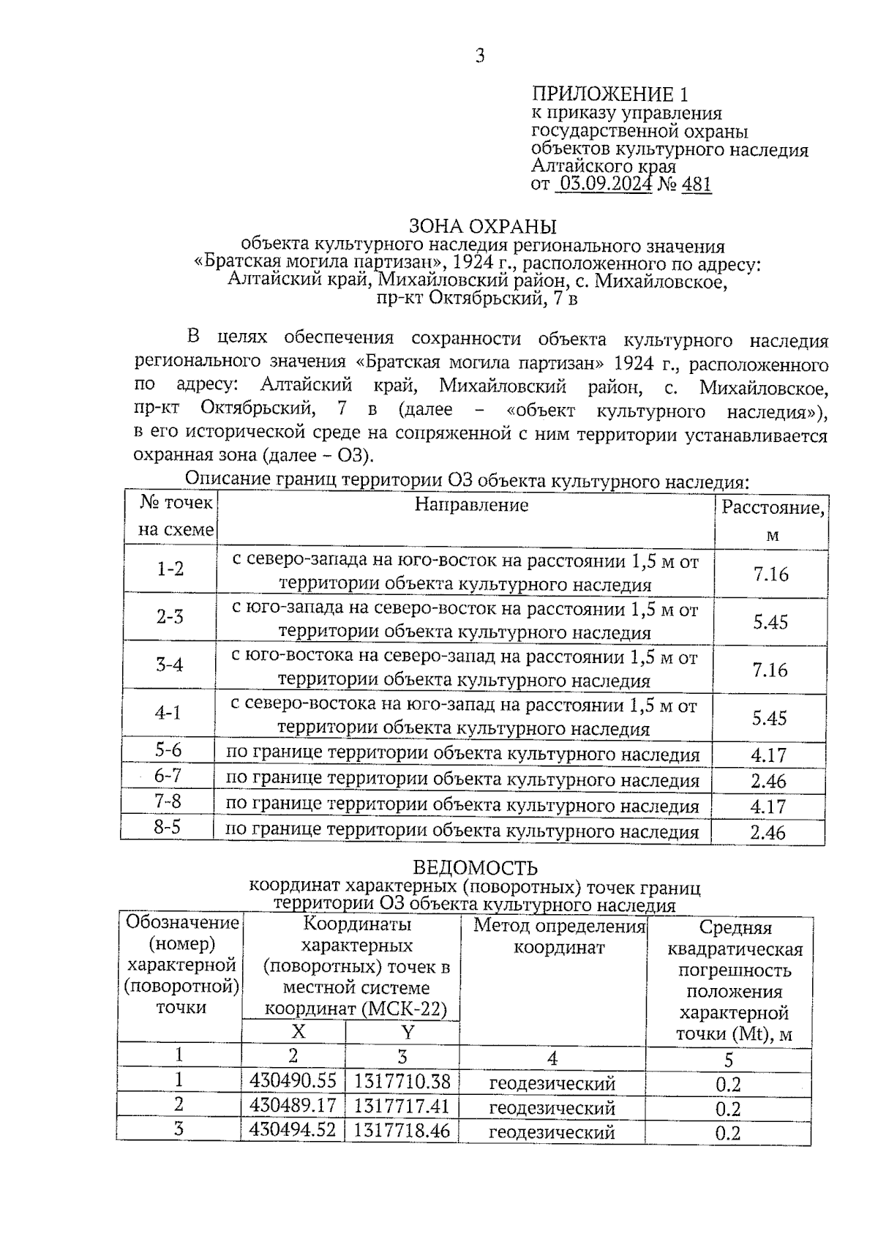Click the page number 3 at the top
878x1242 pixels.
point(480,56)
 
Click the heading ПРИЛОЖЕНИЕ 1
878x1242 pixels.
point(609,94)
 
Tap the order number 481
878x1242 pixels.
point(696,184)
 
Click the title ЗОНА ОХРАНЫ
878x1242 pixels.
point(482,225)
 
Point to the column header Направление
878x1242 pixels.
point(471,504)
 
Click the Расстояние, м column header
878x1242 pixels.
point(773,520)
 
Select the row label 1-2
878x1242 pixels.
point(170,569)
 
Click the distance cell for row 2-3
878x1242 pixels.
point(770,622)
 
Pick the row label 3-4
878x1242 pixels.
point(170,665)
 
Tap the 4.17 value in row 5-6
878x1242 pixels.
point(768,755)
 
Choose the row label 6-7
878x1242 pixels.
point(168,775)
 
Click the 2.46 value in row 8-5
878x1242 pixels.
point(768,832)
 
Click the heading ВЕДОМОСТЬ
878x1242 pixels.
point(475,868)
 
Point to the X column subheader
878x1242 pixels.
point(299,1031)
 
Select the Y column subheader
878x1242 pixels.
point(408,1032)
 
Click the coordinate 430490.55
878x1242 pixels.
point(293,1081)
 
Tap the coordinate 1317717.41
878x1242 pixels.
point(402,1105)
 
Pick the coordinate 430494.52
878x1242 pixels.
point(293,1129)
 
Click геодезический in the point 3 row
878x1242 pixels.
point(552,1132)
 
